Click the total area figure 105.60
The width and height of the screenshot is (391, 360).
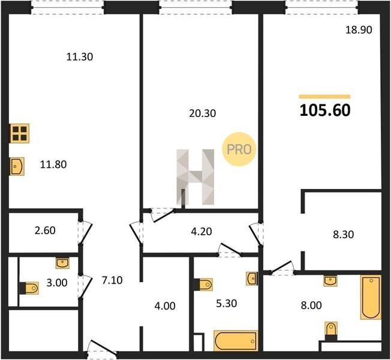[x=325, y=110]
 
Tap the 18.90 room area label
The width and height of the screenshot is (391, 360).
[x=359, y=30]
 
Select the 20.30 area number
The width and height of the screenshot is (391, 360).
[x=203, y=113]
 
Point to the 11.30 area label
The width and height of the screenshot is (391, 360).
[x=80, y=57]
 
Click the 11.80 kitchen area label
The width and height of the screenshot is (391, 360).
[x=53, y=164]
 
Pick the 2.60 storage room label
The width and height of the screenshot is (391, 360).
[x=45, y=230]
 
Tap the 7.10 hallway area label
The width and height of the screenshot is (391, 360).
[x=112, y=280]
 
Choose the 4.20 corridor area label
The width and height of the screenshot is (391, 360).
[x=201, y=232]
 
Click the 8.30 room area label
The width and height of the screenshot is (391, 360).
[x=344, y=235]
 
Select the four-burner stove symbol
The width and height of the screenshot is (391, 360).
[x=20, y=133]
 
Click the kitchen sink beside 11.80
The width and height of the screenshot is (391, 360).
[x=17, y=166]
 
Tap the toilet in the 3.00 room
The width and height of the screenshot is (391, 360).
[x=29, y=288]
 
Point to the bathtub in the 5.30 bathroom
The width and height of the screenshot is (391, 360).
[x=236, y=341]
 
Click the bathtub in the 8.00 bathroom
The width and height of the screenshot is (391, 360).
[x=371, y=297]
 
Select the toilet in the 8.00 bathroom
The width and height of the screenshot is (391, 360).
[x=331, y=331]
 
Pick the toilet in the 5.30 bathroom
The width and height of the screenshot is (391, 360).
[x=203, y=284]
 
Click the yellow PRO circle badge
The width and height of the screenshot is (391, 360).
[x=239, y=149]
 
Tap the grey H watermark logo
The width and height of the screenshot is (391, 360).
[x=195, y=177]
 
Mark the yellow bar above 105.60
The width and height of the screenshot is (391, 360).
[x=324, y=97]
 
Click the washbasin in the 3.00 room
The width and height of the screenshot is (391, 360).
[x=62, y=263]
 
